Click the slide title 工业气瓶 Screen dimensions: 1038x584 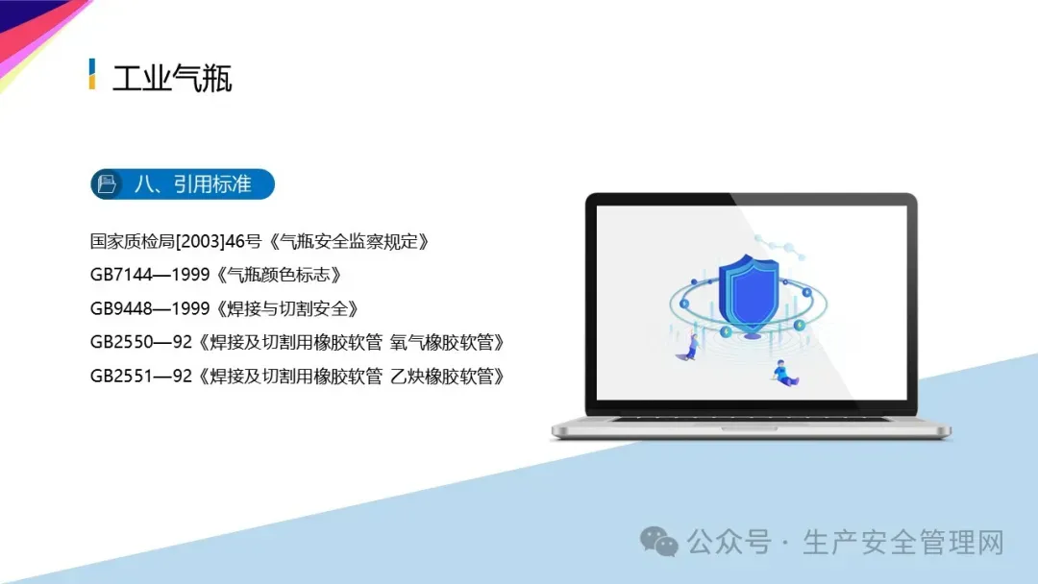[x=172, y=79]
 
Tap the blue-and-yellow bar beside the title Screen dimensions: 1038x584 [x=92, y=74]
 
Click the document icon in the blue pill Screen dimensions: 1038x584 [x=107, y=183]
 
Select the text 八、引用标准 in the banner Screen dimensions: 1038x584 [x=192, y=183]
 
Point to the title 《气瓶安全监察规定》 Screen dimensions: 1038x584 [x=349, y=241]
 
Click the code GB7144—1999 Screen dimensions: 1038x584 [x=150, y=275]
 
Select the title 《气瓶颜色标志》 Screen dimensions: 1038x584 [x=278, y=275]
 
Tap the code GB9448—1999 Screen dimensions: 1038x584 [x=150, y=309]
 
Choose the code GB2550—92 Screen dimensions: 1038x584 [x=141, y=343]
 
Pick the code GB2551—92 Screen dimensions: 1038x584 [x=141, y=377]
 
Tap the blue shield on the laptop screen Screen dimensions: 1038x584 [x=749, y=292]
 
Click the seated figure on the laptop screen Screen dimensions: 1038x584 [x=785, y=373]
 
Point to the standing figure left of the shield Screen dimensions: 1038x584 [x=690, y=346]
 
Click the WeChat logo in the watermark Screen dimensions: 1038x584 [x=658, y=542]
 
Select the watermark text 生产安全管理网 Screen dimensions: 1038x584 [x=902, y=543]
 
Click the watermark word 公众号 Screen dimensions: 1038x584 [x=729, y=543]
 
